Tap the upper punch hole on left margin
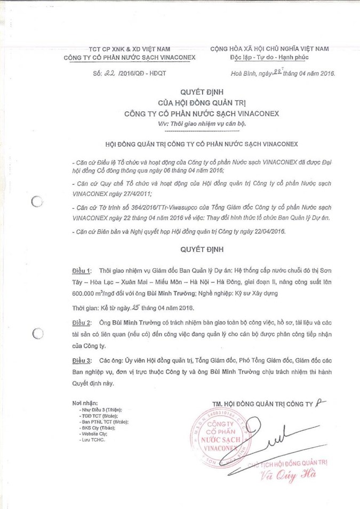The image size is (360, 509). click(x=37, y=202)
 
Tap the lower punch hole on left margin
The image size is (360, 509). click(x=37, y=334)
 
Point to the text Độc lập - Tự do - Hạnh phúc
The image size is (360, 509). click(x=269, y=58)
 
